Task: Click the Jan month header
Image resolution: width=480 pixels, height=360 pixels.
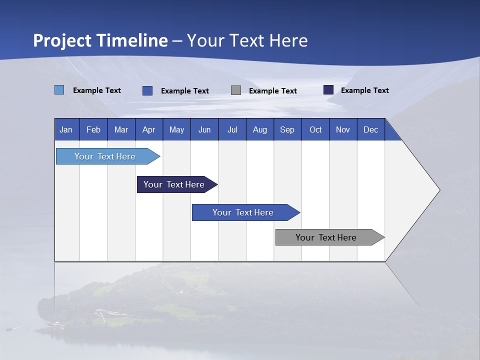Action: pyautogui.click(x=66, y=129)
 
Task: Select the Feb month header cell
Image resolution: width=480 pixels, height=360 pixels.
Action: pyautogui.click(x=93, y=129)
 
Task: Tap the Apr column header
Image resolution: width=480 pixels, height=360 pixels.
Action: pyautogui.click(x=149, y=129)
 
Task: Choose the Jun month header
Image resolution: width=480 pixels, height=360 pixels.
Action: pyautogui.click(x=204, y=129)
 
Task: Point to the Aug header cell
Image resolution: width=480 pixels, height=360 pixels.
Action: pyautogui.click(x=260, y=129)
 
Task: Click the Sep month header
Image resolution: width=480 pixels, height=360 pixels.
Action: pyautogui.click(x=287, y=129)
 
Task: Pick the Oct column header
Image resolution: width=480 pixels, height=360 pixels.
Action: pyautogui.click(x=315, y=129)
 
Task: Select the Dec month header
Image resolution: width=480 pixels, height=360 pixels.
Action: pyautogui.click(x=371, y=129)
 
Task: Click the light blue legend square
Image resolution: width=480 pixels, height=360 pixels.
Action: pyautogui.click(x=59, y=90)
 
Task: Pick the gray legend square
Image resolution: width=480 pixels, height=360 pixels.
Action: pyautogui.click(x=236, y=90)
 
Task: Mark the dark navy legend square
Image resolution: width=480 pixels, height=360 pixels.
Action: pyautogui.click(x=328, y=90)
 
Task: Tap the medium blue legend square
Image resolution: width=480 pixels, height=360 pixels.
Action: pyautogui.click(x=147, y=90)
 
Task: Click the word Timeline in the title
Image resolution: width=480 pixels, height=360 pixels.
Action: pyautogui.click(x=132, y=40)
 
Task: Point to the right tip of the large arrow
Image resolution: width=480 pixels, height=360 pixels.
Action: pyautogui.click(x=438, y=190)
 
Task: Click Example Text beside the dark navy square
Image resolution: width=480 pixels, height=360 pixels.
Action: pyautogui.click(x=364, y=90)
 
